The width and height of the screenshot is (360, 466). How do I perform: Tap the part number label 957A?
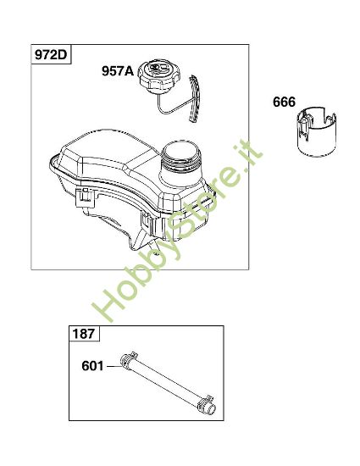(119, 72)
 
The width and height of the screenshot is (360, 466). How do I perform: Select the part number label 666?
(285, 103)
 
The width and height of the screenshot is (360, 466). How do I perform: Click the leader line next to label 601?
(113, 367)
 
